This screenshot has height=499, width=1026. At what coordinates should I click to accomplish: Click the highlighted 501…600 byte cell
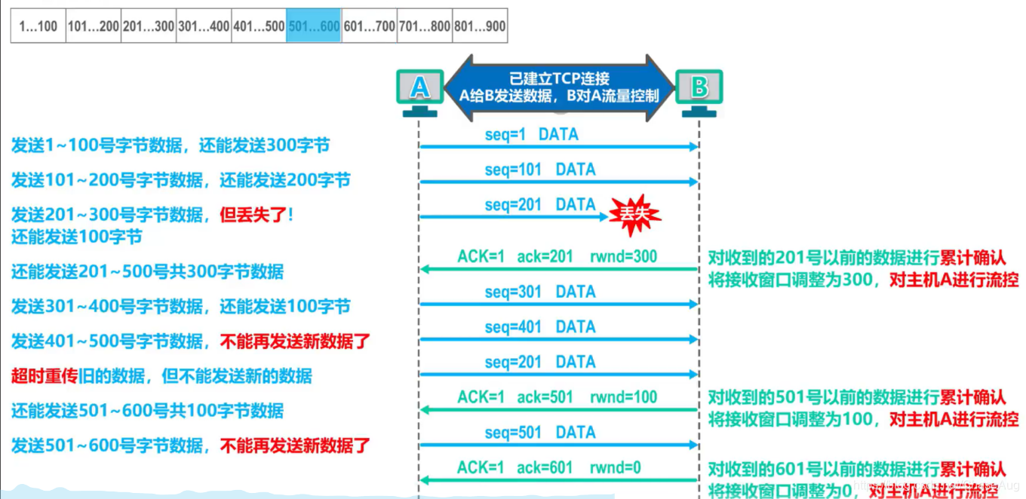tap(313, 26)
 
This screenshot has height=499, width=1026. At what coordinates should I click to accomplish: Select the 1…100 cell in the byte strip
tap(38, 26)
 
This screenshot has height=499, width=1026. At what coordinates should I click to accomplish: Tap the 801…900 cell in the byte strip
tap(479, 26)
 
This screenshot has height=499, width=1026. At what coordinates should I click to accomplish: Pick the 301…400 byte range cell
tap(203, 26)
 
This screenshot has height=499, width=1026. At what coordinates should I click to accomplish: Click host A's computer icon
tap(419, 90)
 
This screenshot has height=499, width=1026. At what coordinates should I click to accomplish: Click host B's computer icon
tap(699, 90)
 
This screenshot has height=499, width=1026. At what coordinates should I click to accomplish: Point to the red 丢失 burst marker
tap(634, 214)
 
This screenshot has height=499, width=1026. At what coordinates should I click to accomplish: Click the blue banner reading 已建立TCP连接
tap(559, 87)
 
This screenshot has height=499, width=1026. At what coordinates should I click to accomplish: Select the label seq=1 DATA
tap(531, 135)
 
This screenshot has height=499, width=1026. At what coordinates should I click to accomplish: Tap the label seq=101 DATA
tap(539, 170)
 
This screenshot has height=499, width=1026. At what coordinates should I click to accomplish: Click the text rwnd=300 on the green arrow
tap(623, 256)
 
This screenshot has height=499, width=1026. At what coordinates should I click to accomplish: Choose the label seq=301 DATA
tap(539, 292)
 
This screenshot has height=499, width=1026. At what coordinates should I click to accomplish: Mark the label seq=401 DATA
tap(539, 327)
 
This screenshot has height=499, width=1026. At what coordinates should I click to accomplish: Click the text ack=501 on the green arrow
tap(545, 397)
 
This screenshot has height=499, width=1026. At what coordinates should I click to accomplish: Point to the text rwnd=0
tap(615, 468)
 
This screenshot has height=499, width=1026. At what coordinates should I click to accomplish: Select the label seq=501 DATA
tap(539, 433)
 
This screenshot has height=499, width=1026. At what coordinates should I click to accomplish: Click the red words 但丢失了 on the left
tap(253, 216)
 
